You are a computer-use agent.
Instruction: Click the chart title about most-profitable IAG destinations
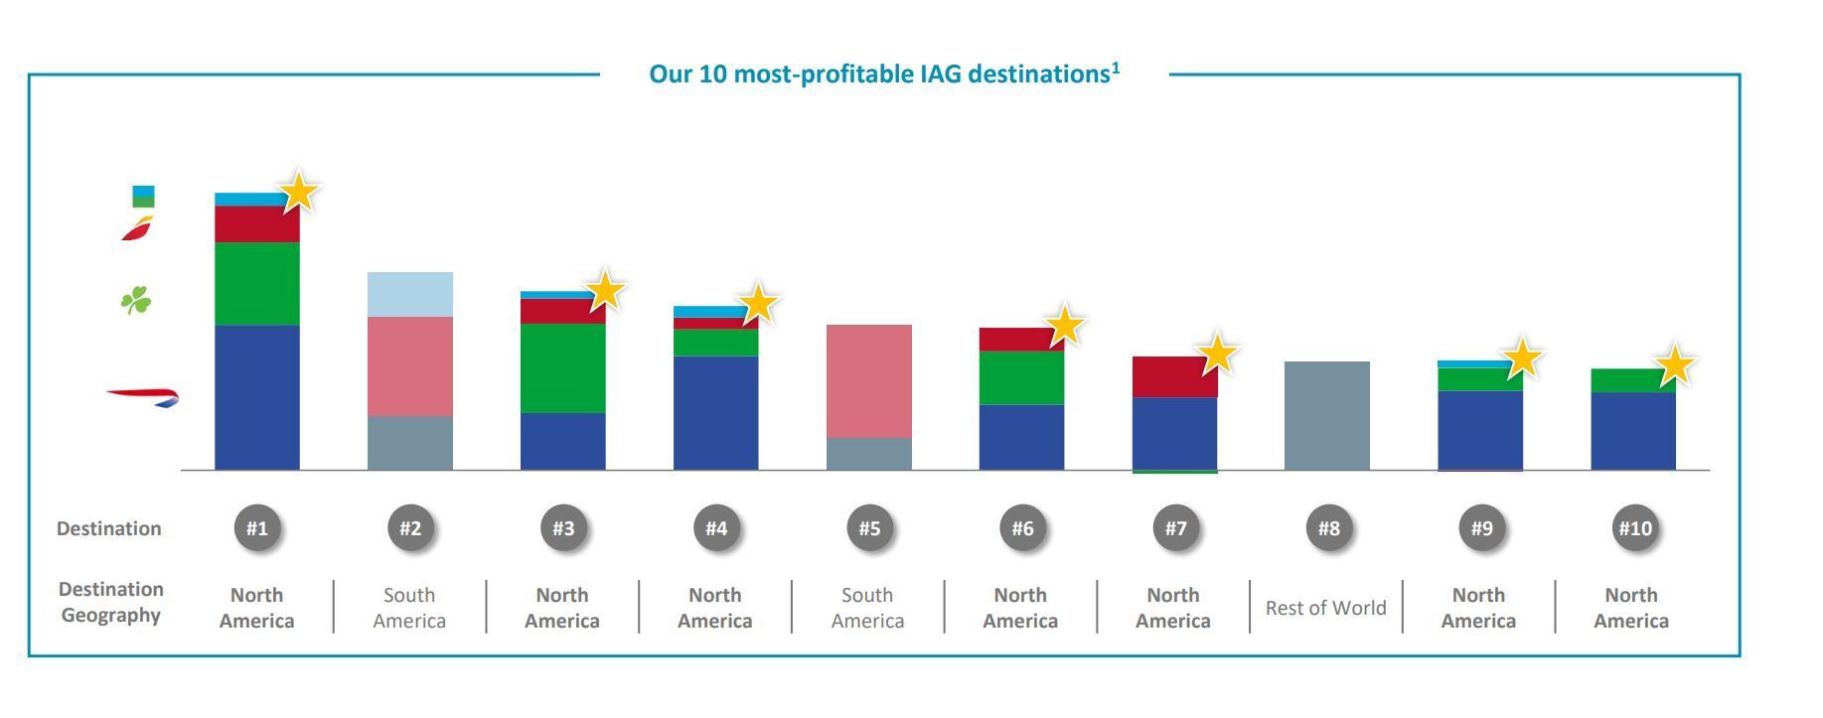(x=884, y=73)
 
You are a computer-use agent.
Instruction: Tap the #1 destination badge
(x=257, y=528)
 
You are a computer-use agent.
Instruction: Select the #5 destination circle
(x=869, y=528)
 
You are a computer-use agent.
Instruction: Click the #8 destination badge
(x=1328, y=528)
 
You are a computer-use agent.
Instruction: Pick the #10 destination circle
(x=1634, y=528)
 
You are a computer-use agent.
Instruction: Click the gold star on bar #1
(x=299, y=192)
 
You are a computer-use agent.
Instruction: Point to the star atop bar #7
(x=1217, y=355)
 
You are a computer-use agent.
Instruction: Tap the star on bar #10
(x=1675, y=365)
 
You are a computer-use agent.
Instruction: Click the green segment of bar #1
(x=257, y=284)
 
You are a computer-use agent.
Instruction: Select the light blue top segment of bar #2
(x=410, y=295)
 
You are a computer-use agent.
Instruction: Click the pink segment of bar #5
(x=869, y=381)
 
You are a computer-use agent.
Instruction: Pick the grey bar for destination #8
(x=1327, y=415)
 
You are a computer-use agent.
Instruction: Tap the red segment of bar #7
(x=1174, y=377)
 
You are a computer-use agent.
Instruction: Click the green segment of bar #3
(x=563, y=368)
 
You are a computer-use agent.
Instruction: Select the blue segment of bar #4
(x=716, y=413)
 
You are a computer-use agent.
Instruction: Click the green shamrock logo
(x=136, y=300)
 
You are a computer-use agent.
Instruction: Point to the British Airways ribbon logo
(x=143, y=397)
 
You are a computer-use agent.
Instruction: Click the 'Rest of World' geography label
(x=1326, y=608)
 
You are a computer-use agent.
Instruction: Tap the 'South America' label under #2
(x=409, y=608)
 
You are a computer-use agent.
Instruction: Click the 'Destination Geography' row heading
(x=110, y=602)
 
